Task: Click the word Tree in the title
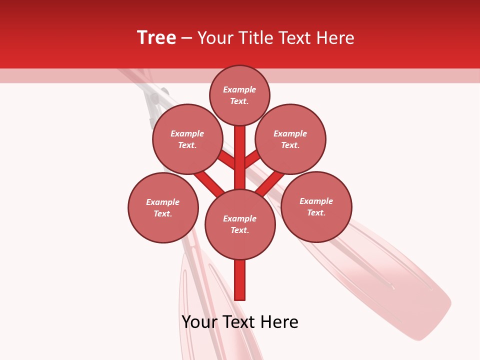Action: point(156,38)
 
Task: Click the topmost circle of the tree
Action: point(239,95)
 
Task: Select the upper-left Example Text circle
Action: point(187,139)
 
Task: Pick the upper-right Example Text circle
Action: point(290,139)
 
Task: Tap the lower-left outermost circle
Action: point(163,207)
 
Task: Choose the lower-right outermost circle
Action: point(316,206)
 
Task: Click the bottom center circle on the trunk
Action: point(240,224)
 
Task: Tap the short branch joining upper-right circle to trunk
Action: point(252,159)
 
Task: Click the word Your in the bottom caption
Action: point(198,322)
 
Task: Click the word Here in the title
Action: point(336,38)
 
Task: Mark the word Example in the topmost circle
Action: point(239,90)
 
